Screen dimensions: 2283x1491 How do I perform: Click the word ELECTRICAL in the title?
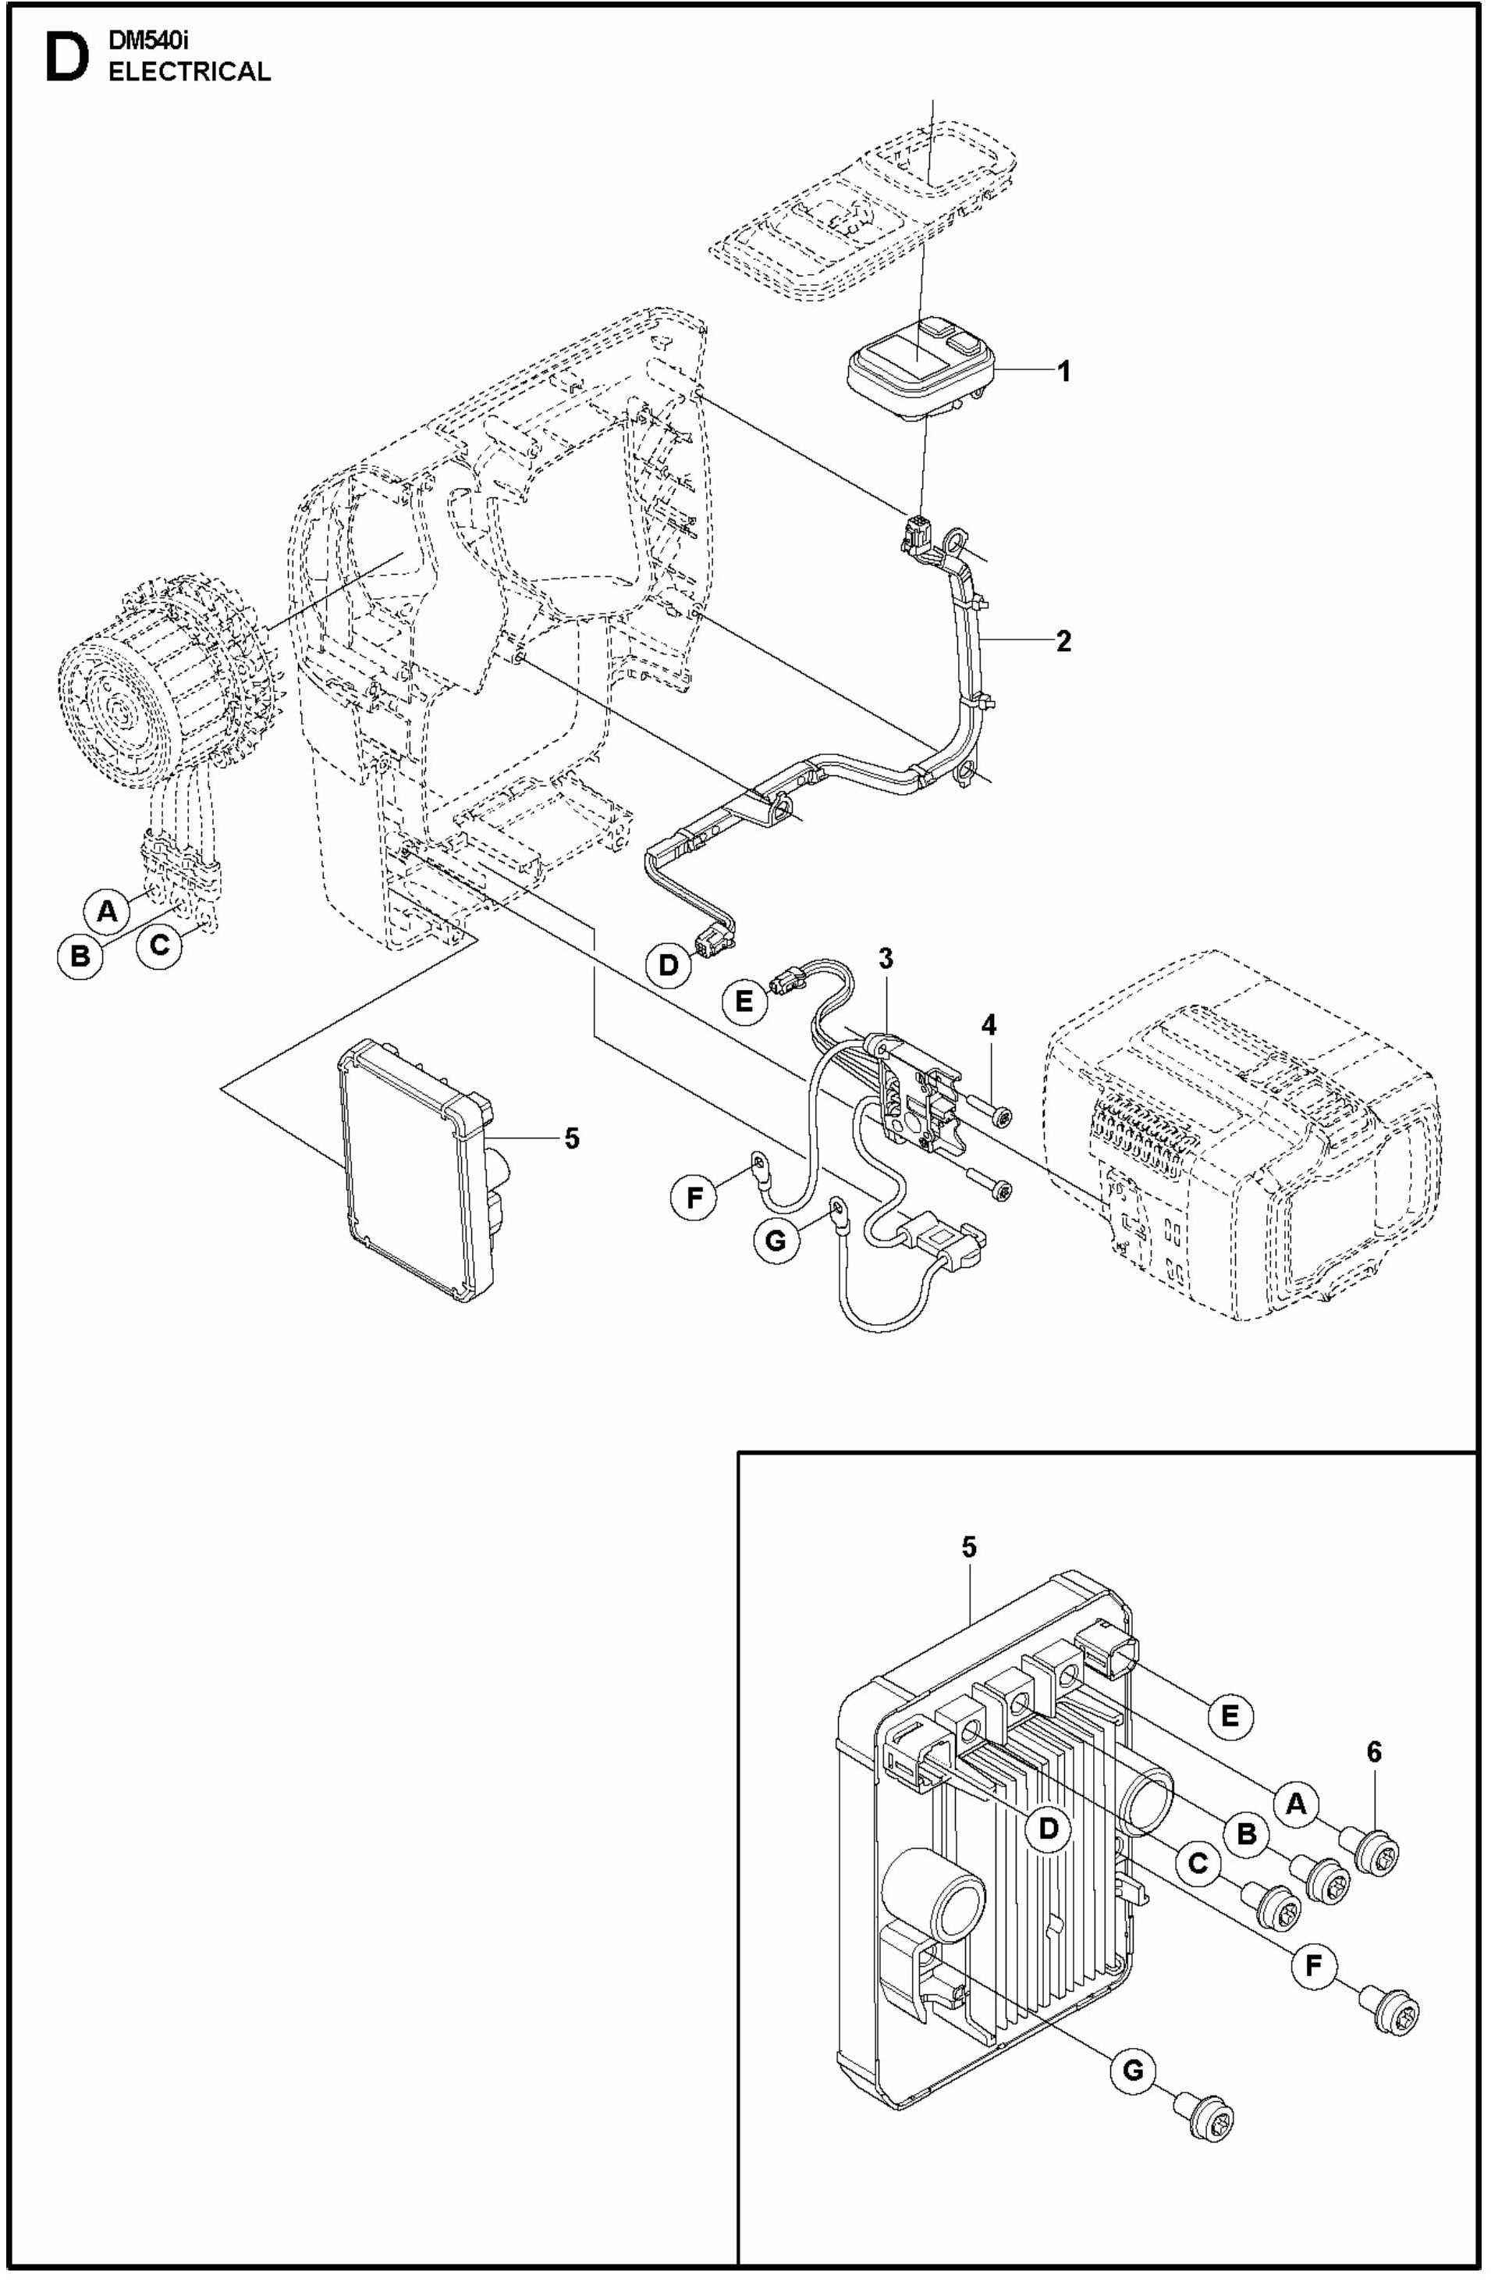(189, 72)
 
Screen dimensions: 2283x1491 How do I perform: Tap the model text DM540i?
(148, 41)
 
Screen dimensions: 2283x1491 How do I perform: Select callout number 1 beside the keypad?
(1063, 371)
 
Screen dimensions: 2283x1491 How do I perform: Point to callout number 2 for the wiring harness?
(1063, 641)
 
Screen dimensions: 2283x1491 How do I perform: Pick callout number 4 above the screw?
(988, 1025)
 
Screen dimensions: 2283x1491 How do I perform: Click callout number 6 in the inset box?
(1374, 1753)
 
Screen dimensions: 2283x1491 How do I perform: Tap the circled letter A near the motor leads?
(108, 910)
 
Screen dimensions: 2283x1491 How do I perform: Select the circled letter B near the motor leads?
(80, 956)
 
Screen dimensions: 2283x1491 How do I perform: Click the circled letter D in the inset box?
(1049, 1829)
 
